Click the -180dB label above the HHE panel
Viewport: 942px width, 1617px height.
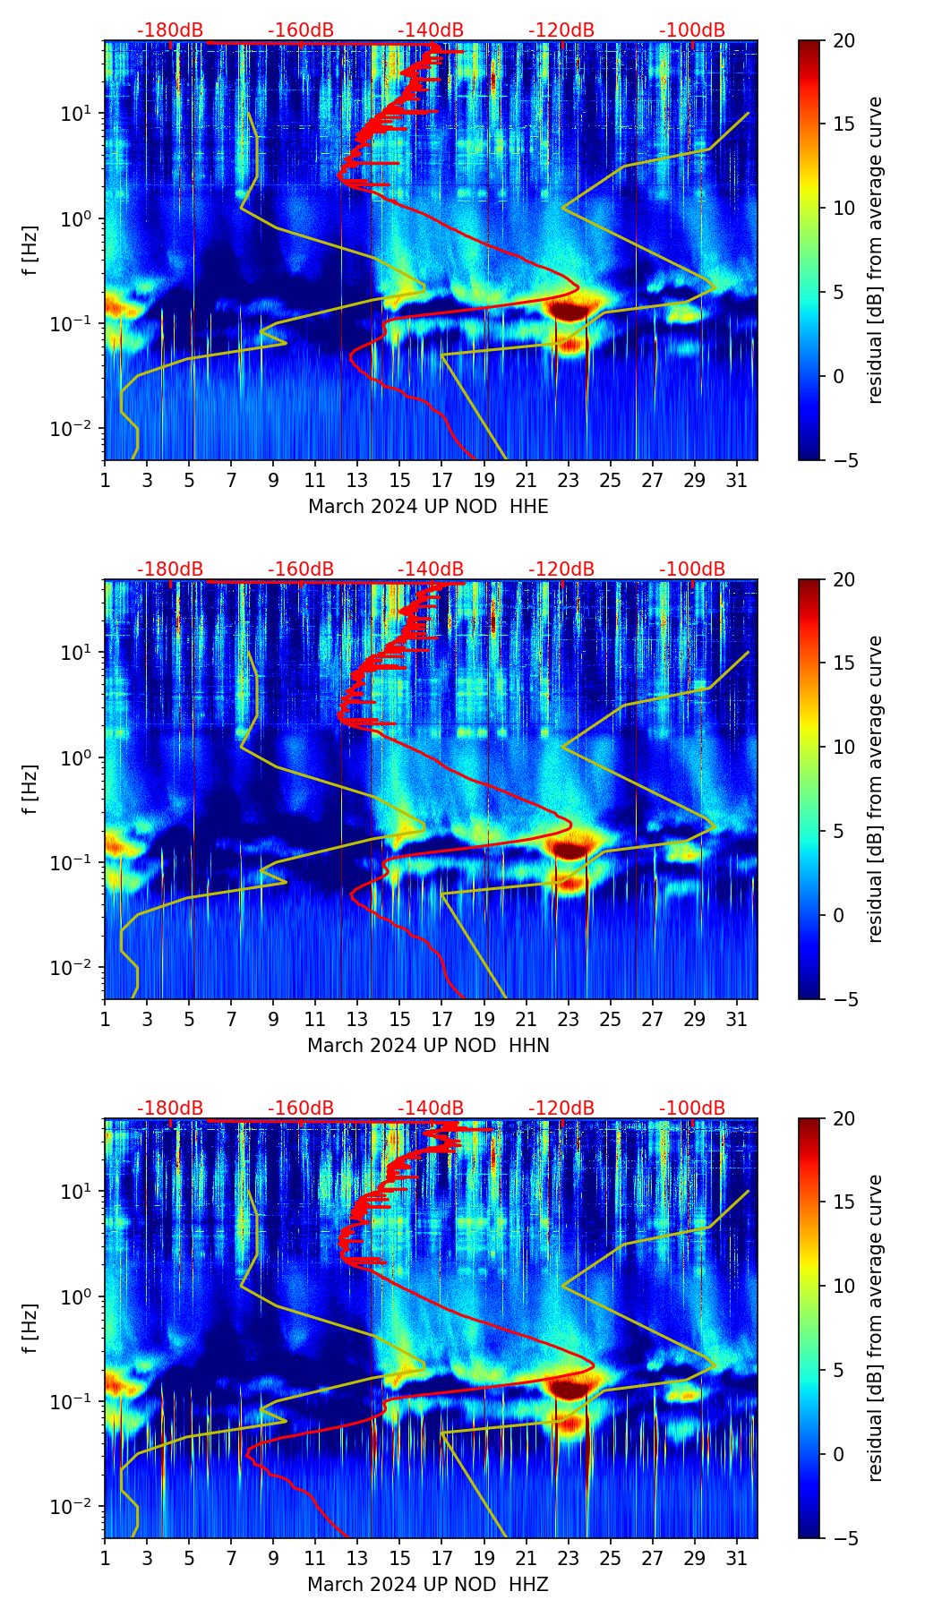170,30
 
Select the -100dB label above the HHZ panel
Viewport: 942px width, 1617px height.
692,1108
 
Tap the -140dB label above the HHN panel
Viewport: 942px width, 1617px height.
431,569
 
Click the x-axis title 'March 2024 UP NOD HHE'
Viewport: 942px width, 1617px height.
428,507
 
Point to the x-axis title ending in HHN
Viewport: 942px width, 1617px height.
428,1046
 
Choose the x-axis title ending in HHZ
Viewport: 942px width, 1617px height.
428,1585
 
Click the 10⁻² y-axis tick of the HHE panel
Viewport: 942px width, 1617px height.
81,430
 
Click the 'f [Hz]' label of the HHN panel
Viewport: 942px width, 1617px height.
30,789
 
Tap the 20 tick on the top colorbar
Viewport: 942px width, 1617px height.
844,41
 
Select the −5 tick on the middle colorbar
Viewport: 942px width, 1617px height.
844,999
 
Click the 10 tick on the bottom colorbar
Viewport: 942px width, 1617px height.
844,1287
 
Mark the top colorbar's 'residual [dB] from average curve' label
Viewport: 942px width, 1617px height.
876,250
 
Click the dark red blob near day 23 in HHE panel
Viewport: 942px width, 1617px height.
569,311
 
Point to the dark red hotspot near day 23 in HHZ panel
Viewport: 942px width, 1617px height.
569,1389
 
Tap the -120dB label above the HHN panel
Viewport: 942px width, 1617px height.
561,569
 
